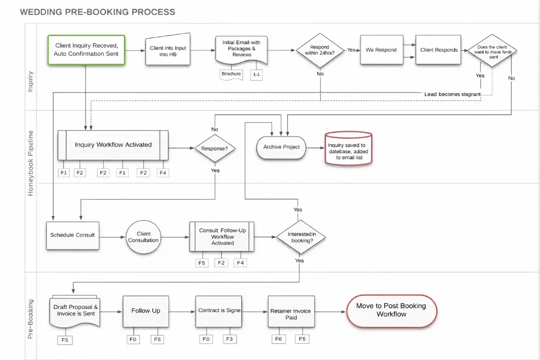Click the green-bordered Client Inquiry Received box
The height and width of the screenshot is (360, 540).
(86, 49)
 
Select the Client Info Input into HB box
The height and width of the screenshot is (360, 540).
(168, 51)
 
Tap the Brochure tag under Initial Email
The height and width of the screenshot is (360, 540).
(231, 74)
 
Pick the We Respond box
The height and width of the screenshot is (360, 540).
(381, 50)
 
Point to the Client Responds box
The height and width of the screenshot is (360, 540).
(438, 50)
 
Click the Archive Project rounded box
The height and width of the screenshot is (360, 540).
(281, 147)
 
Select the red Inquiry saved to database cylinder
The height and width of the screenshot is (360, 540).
(348, 148)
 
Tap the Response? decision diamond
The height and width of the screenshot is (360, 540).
(214, 148)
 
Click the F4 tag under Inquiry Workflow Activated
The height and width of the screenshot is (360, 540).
(162, 172)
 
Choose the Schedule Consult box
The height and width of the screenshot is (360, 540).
(72, 235)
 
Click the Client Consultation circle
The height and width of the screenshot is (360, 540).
(143, 237)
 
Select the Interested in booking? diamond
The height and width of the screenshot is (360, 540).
(301, 237)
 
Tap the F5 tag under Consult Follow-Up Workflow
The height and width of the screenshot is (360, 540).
(202, 262)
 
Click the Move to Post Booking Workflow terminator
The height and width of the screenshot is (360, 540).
(391, 310)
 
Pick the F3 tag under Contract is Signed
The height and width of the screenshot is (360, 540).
(229, 339)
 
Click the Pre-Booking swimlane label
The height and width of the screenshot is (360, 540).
(30, 319)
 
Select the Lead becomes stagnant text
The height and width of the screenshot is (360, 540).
(452, 94)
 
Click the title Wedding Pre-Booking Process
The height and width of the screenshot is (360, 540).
(97, 11)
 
